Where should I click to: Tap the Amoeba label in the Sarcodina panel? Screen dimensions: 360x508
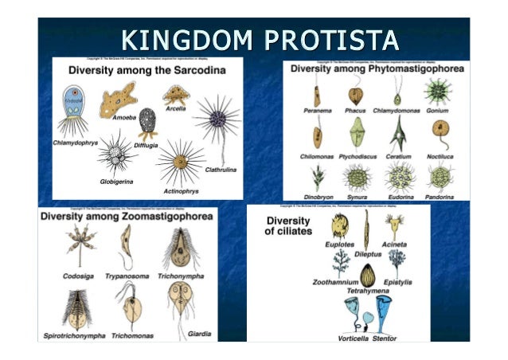(x=124, y=116)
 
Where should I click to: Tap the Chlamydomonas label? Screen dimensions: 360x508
(x=396, y=112)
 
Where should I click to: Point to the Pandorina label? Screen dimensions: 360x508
(x=439, y=196)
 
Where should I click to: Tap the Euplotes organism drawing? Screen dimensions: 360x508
(x=341, y=225)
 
